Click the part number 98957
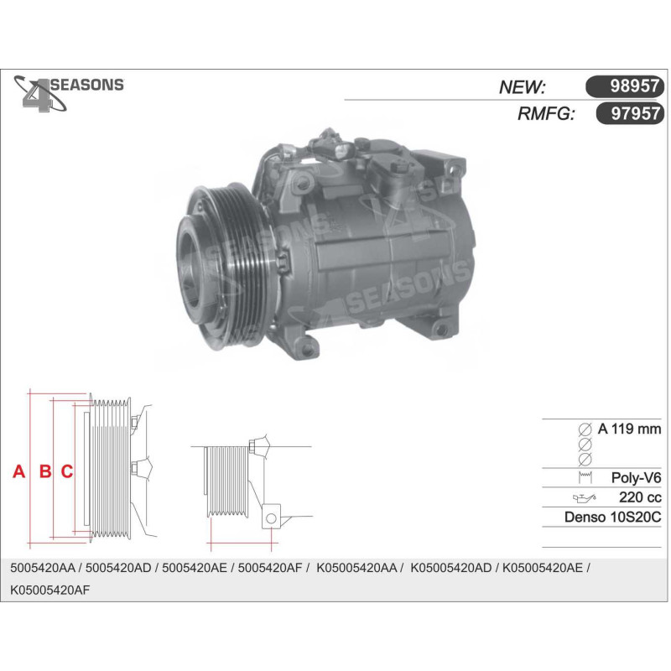tap(634, 86)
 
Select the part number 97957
tap(635, 114)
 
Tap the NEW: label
tap(522, 87)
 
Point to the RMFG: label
tap(546, 114)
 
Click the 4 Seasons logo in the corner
tap(69, 93)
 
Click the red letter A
tap(18, 471)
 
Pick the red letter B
tap(45, 471)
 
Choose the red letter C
tap(67, 471)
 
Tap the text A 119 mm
tap(629, 429)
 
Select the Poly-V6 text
tap(636, 477)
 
